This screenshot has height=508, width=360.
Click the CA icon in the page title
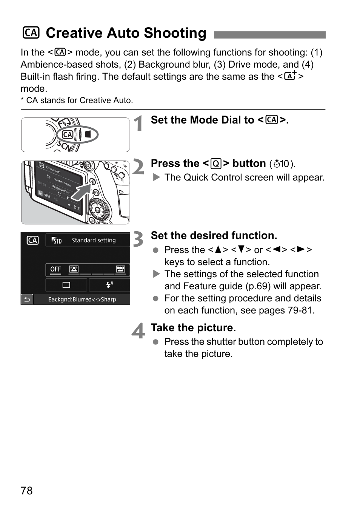[31, 33]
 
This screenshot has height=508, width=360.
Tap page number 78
[27, 491]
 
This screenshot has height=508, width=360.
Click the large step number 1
[139, 124]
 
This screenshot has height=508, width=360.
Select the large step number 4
[138, 331]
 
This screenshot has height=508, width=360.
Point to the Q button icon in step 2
[216, 164]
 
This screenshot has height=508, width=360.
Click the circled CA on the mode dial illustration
[68, 134]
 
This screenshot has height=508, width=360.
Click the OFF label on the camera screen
[55, 269]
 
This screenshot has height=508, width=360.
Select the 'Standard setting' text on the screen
[94, 240]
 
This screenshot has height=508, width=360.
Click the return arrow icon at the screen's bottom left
[27, 299]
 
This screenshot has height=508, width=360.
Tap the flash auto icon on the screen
[109, 285]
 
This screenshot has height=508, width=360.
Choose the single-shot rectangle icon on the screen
[66, 285]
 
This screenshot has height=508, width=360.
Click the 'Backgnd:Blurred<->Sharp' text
[82, 300]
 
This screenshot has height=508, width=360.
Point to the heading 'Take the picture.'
[193, 328]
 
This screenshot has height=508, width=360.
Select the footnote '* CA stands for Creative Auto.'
[77, 100]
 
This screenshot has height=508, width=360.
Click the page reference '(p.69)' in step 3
[258, 286]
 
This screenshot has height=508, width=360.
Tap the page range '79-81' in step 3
[300, 310]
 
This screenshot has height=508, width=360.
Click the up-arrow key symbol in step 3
[218, 250]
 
